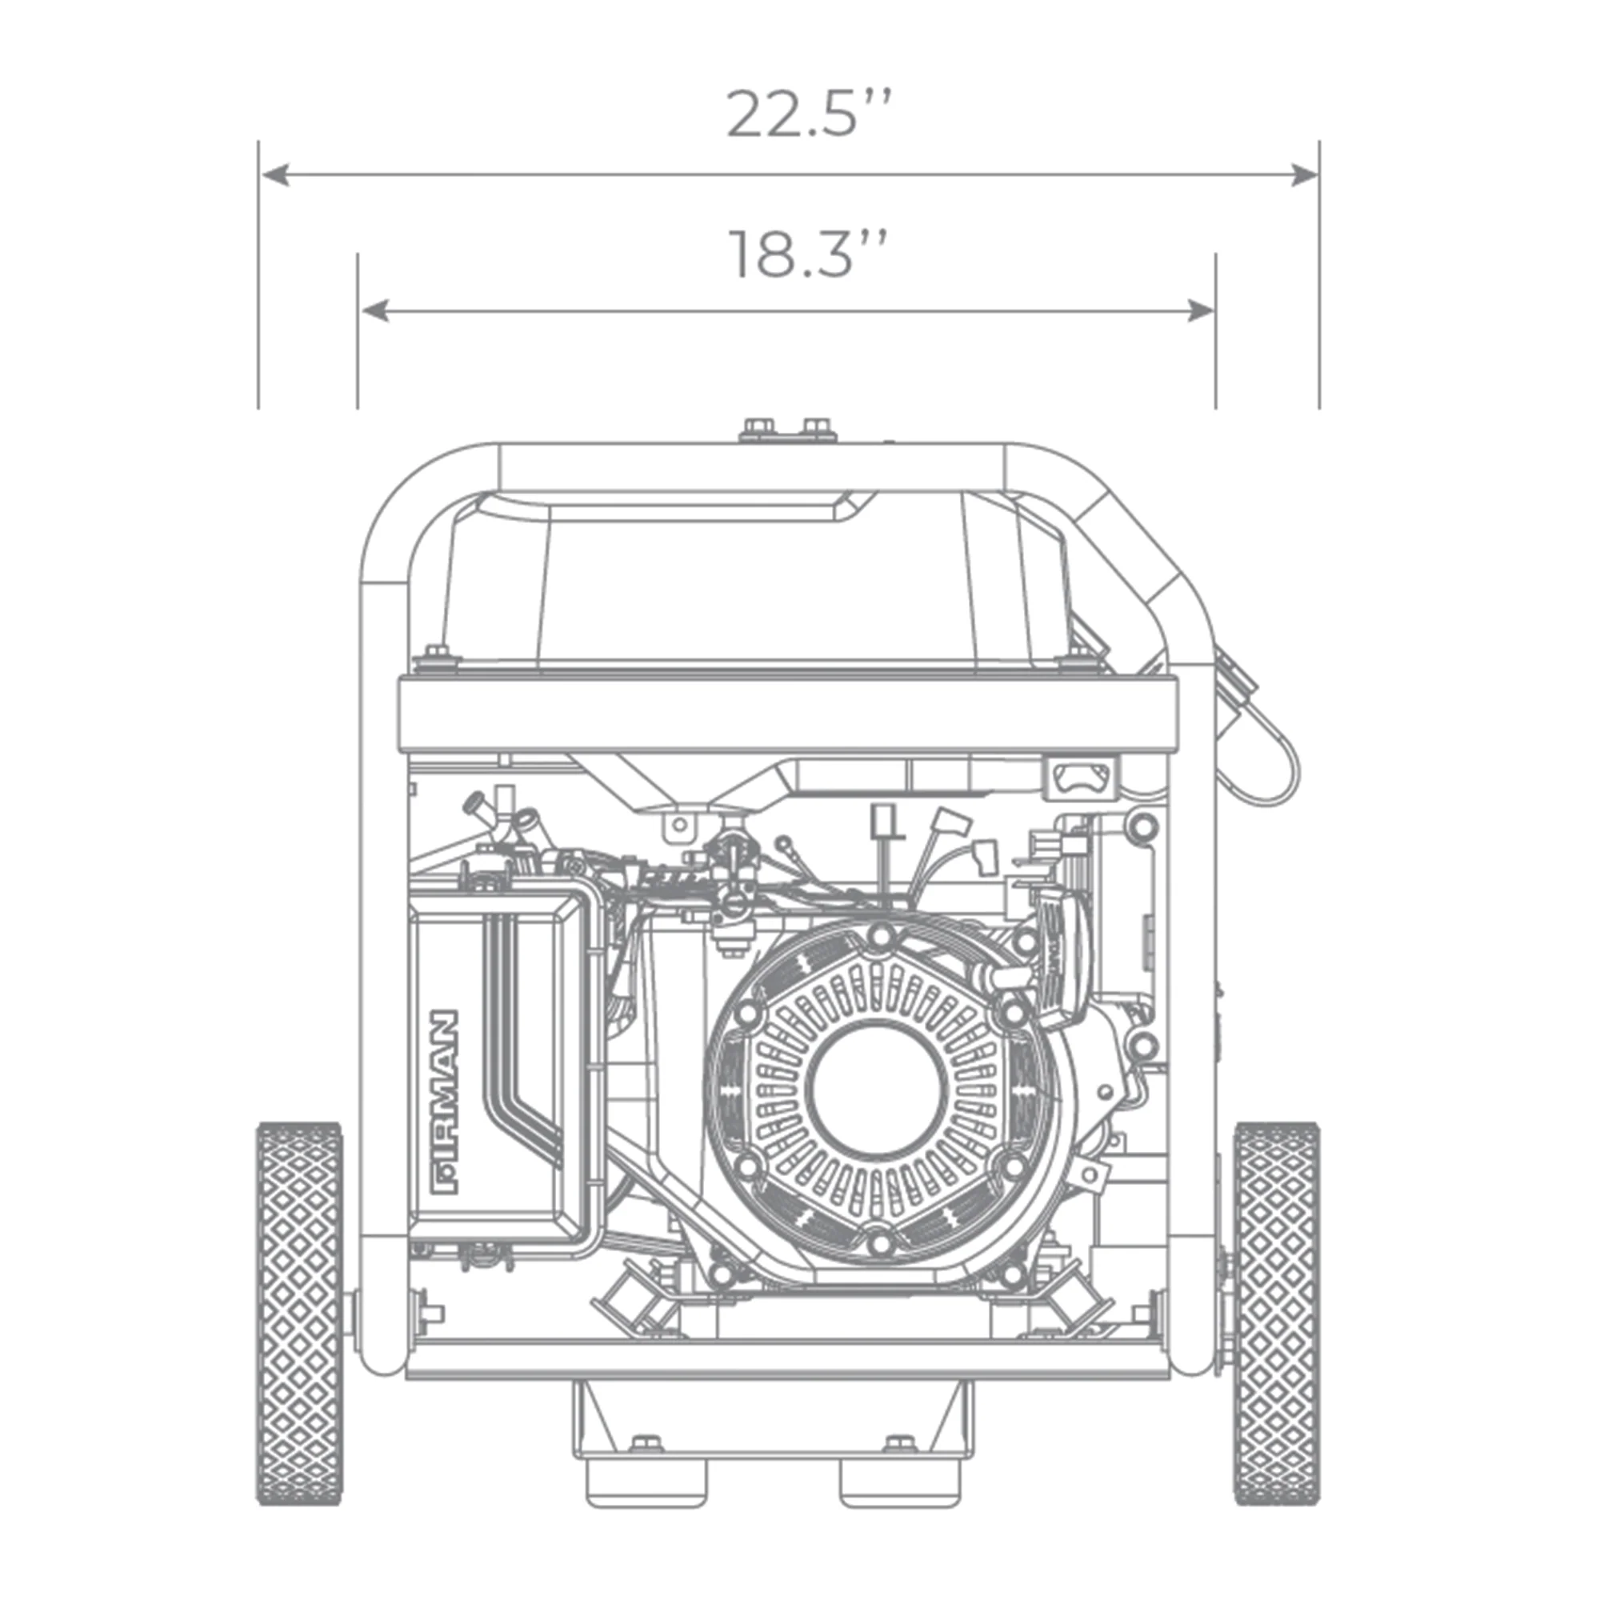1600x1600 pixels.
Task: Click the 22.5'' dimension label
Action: point(809,114)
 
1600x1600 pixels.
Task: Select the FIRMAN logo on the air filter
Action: point(445,1102)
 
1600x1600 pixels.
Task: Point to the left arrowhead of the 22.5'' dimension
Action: point(275,174)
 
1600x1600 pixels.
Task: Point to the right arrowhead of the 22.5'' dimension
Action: point(1303,174)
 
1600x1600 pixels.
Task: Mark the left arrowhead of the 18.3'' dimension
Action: point(375,311)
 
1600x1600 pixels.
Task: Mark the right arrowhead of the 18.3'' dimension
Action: point(1201,311)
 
